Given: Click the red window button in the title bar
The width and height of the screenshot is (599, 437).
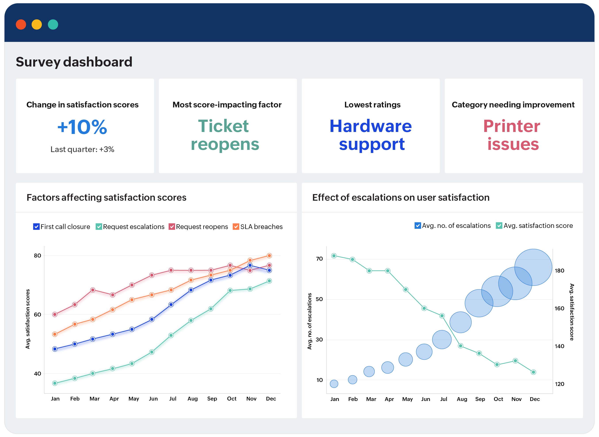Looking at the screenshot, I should [21, 25].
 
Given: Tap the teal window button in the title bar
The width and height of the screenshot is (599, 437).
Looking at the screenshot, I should [53, 25].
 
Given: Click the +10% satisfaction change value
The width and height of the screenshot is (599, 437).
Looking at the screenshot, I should [82, 127].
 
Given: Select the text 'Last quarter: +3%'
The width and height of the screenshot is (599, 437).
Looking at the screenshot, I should [82, 149].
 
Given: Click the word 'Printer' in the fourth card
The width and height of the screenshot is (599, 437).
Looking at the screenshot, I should [511, 126].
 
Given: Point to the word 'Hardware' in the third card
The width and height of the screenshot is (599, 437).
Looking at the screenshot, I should [370, 126].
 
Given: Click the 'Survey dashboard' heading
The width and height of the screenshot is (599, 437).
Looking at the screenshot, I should [74, 62].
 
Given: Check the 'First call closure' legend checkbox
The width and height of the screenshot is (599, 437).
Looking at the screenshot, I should [36, 227].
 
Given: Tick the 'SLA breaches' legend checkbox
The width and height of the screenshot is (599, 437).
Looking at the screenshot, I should [236, 227].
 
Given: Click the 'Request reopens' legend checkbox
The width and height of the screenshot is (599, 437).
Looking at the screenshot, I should [172, 227].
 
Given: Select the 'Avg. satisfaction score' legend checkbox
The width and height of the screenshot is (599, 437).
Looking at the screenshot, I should [499, 226].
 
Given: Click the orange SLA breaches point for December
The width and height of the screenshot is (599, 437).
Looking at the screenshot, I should [269, 256].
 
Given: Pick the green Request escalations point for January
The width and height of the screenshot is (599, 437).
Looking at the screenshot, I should [55, 383].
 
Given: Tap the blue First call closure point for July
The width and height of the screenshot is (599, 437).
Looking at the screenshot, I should [171, 304].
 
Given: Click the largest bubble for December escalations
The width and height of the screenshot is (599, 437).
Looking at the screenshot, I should [533, 267].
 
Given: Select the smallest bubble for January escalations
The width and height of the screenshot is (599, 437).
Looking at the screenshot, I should [334, 384].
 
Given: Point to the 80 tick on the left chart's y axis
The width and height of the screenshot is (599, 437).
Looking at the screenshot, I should [38, 256].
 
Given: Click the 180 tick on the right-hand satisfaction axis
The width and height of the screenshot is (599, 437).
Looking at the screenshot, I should [559, 271].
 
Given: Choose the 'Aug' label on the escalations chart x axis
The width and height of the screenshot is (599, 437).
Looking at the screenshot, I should [462, 399].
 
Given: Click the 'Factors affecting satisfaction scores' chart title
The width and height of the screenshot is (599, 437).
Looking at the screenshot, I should [106, 198].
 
